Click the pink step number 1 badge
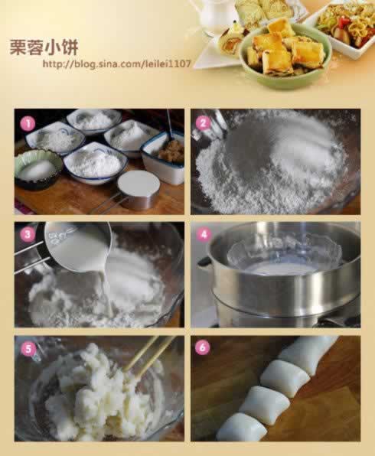[28, 124]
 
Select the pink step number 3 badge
[28, 234]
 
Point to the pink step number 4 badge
[204, 234]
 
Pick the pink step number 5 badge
[28, 348]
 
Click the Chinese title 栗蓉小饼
[44, 47]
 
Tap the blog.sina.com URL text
[116, 64]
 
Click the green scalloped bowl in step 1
[37, 168]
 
